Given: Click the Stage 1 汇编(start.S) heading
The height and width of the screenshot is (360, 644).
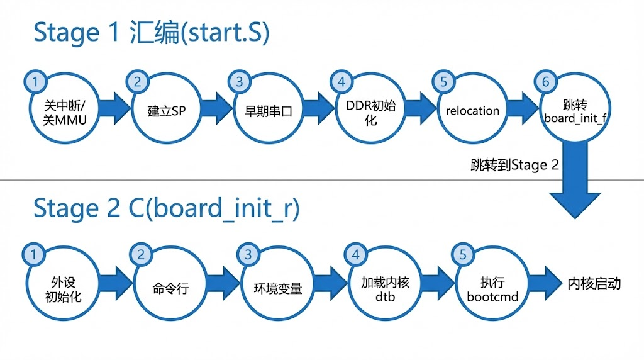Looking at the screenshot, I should click(151, 33).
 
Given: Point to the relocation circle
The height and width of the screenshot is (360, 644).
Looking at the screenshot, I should click(472, 111).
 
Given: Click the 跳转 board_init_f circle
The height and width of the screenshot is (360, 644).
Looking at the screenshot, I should click(574, 111).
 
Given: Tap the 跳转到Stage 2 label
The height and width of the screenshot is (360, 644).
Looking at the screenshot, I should click(514, 166).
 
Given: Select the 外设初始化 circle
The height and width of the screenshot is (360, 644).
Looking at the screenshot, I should click(64, 288).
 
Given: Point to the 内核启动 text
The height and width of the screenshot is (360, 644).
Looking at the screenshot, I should click(594, 284).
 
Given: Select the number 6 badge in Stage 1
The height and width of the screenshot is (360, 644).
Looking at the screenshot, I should click(545, 82).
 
